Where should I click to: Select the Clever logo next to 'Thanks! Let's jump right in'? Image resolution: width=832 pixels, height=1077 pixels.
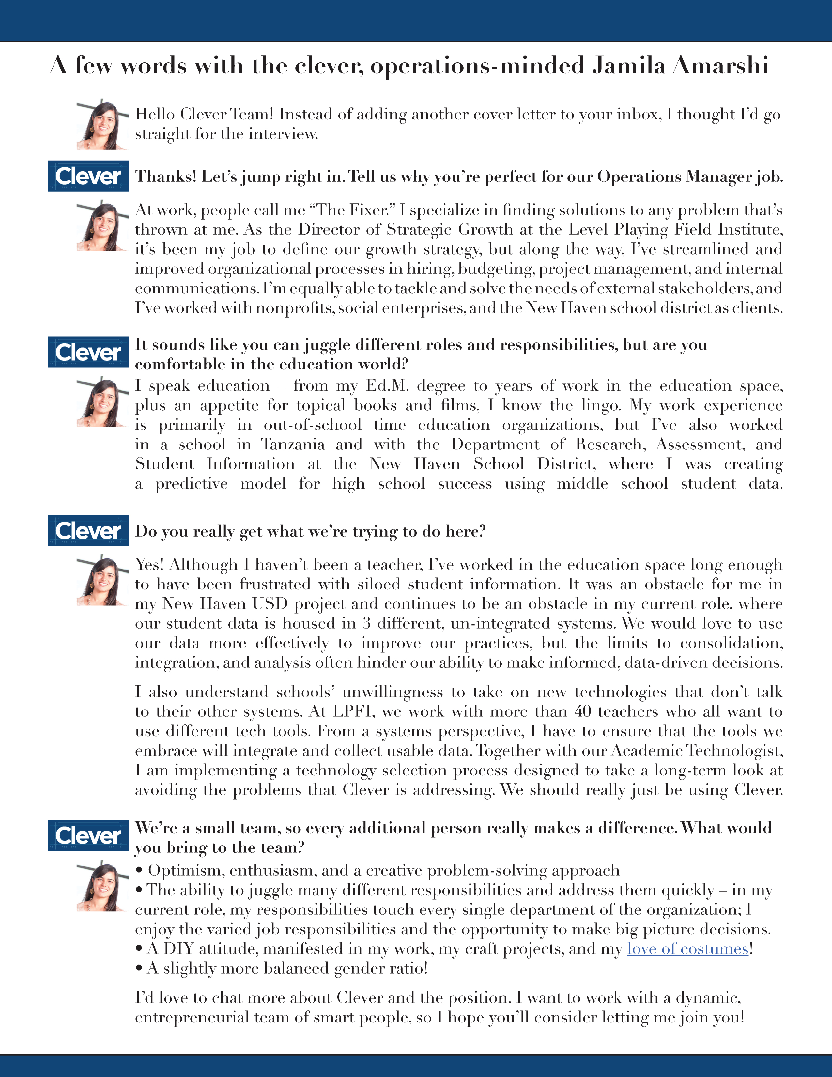pyautogui.click(x=88, y=176)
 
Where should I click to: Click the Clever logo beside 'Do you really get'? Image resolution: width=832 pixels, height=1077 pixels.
pyautogui.click(x=88, y=531)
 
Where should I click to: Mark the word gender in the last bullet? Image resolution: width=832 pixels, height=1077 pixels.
pyautogui.click(x=356, y=969)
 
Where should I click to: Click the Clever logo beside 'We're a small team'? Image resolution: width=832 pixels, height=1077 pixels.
pyautogui.click(x=88, y=835)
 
